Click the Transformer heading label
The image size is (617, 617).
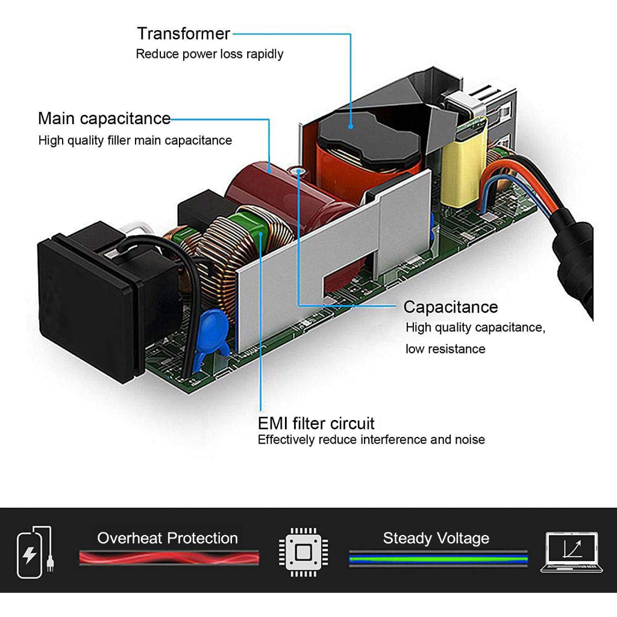pos(183,33)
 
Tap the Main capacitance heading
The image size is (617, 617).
pos(104,118)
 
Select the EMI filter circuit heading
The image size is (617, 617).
pos(316,422)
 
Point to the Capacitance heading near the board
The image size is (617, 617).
pos(450,307)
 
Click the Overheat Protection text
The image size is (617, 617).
pos(168,538)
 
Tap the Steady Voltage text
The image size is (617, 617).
pos(436,538)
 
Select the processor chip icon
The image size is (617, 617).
pos(304,551)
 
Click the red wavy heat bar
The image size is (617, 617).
pos(169,558)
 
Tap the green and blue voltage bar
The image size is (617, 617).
pos(438,559)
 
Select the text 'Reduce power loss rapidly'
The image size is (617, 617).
pos(209,54)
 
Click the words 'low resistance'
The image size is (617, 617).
pos(445,349)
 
